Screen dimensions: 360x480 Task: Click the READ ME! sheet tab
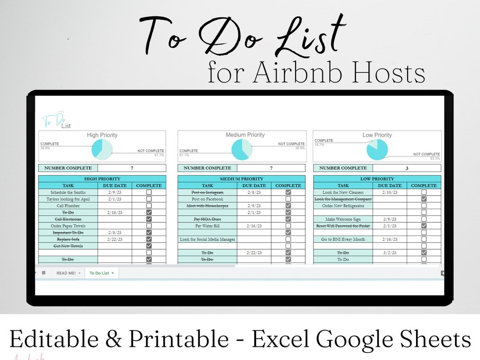click(66, 273)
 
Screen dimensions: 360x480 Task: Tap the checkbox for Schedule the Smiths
click(149, 192)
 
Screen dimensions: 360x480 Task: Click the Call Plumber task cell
click(68, 206)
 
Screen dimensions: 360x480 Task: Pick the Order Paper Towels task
click(68, 226)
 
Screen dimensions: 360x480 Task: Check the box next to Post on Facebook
click(288, 199)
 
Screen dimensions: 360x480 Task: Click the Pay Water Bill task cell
click(207, 226)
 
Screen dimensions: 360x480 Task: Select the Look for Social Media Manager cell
click(207, 239)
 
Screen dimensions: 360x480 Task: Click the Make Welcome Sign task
click(343, 219)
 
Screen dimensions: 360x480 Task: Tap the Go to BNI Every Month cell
click(343, 239)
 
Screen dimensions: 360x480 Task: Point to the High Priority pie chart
click(102, 149)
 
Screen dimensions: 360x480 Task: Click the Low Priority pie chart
click(377, 149)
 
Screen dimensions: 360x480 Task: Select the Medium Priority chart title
click(245, 135)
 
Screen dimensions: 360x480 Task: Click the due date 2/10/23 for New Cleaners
click(389, 192)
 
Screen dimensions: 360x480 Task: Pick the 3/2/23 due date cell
click(389, 252)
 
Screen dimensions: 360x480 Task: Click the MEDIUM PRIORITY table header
click(241, 179)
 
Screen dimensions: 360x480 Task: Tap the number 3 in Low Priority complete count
click(407, 168)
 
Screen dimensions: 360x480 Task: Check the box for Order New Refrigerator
click(424, 206)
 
